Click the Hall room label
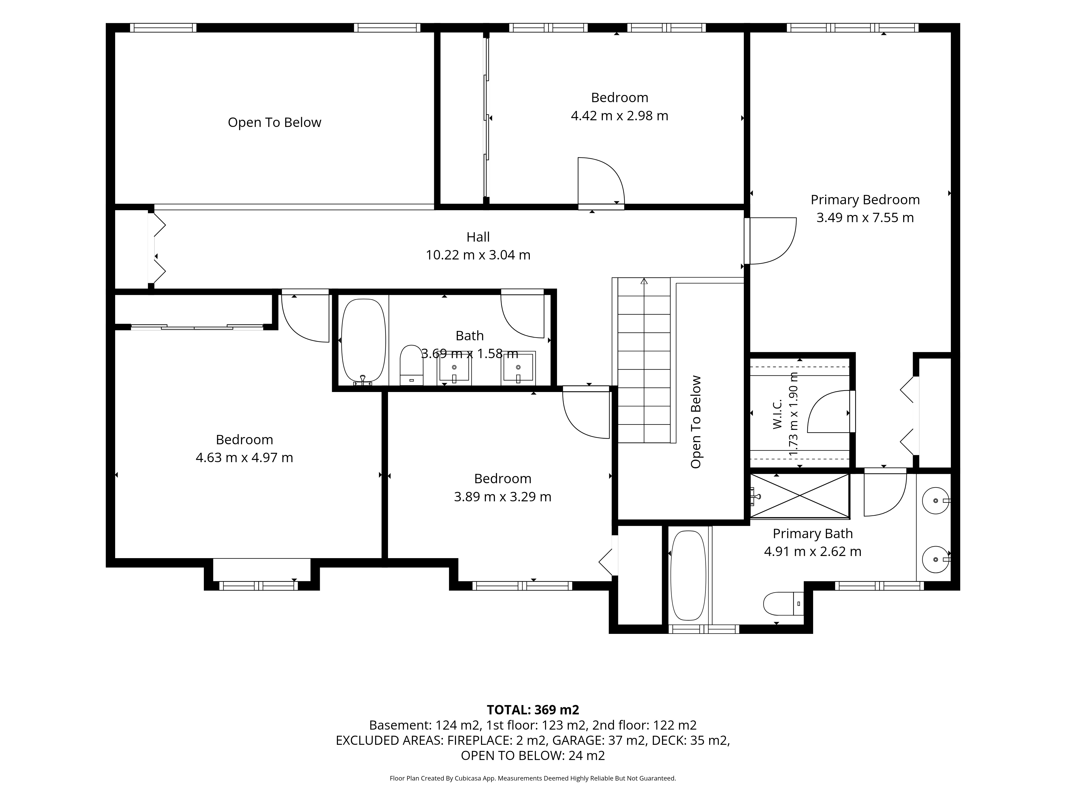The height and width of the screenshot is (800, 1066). (478, 237)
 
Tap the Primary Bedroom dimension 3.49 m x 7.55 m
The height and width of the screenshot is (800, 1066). (865, 218)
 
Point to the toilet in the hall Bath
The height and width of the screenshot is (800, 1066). (411, 365)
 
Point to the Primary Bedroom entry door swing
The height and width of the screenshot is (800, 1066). (770, 241)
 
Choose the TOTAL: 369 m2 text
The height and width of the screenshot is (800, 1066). (533, 710)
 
